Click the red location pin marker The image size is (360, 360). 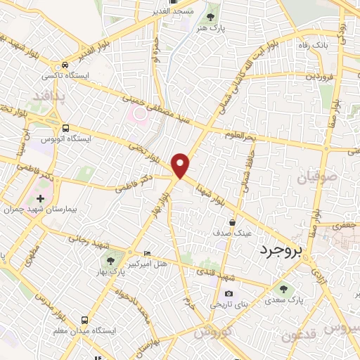(x=181, y=165)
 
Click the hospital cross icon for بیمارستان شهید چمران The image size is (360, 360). (x=40, y=200)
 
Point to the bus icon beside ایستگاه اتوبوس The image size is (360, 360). (x=65, y=128)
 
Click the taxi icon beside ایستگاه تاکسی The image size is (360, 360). (x=65, y=61)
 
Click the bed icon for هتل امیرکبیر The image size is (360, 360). (x=146, y=253)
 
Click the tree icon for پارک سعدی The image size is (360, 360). (x=283, y=288)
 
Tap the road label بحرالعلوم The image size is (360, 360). (x=243, y=134)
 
